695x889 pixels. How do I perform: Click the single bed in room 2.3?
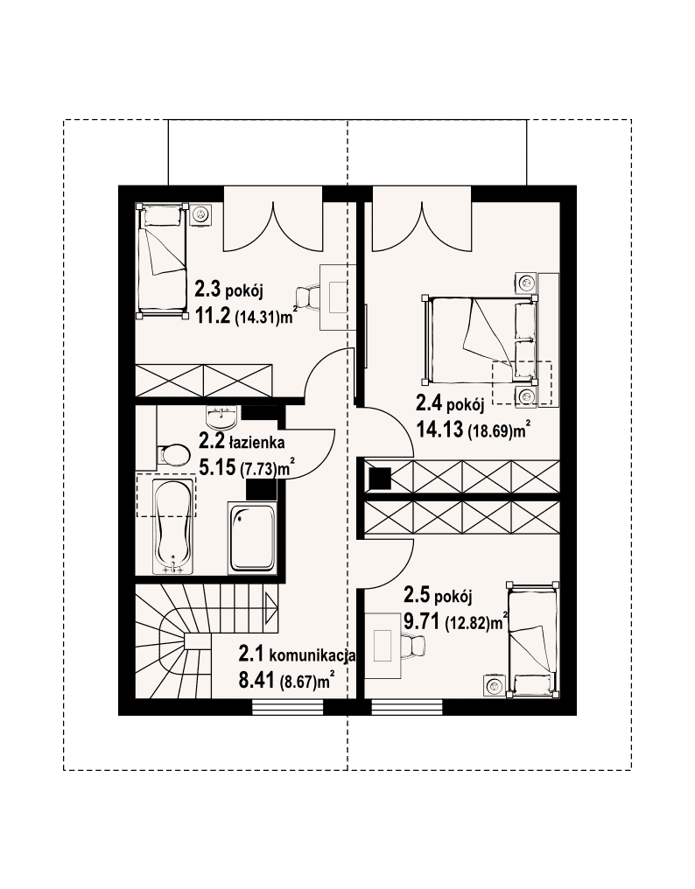[x=162, y=260]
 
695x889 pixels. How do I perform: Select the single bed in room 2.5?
[x=533, y=638]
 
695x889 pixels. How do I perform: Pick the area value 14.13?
[x=439, y=430]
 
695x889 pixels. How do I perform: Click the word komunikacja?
[x=312, y=656]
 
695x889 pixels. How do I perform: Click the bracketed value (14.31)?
[x=257, y=318]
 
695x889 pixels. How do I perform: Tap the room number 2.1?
[x=250, y=654]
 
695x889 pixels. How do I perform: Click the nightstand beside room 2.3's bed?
[x=200, y=213]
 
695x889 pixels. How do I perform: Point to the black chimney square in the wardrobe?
[x=379, y=478]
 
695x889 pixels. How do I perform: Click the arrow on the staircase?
[x=270, y=607]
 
